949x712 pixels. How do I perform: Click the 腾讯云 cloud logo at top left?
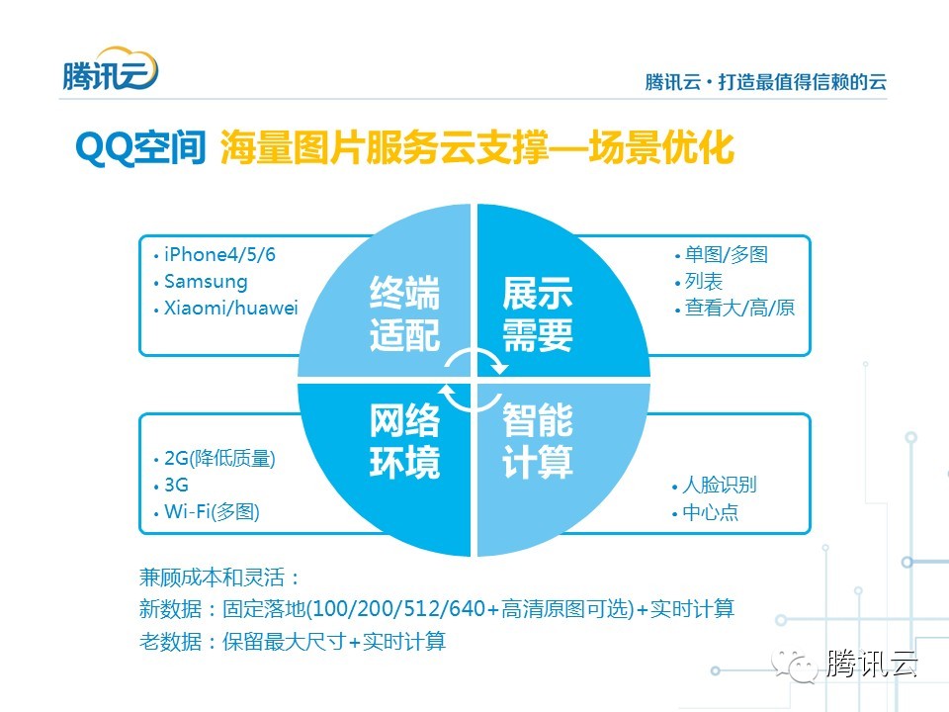(109, 69)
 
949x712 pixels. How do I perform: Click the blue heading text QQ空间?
(138, 149)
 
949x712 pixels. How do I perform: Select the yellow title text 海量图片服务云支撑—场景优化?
(476, 149)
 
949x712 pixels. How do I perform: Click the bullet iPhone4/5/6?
(219, 254)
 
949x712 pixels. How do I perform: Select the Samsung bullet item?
(206, 282)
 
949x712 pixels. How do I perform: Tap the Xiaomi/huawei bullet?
(230, 309)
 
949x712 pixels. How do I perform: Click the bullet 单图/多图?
(727, 254)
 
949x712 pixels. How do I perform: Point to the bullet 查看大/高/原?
(739, 308)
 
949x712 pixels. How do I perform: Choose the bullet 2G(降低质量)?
(219, 459)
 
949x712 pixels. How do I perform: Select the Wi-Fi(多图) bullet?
(212, 512)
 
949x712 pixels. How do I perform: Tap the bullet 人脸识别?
(719, 486)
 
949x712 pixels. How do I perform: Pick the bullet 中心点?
(710, 512)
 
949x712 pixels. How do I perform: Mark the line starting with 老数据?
(293, 641)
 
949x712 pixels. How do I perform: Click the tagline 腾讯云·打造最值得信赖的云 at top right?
(765, 82)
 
